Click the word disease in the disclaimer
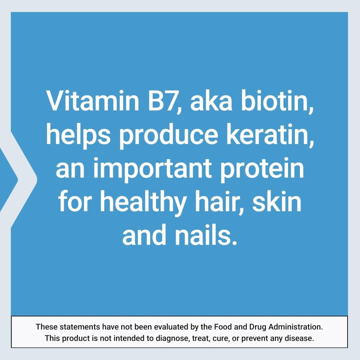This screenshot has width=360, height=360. (301, 338)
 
